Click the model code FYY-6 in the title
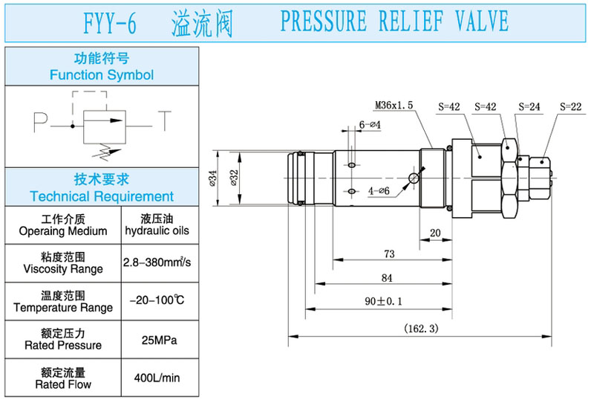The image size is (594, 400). [110, 24]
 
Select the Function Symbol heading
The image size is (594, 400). [102, 74]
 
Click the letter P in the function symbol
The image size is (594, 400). [39, 120]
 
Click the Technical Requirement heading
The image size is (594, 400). [102, 196]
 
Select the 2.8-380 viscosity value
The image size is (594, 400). [157, 262]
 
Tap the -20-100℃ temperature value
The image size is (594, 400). [157, 301]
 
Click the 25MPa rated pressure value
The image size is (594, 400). [157, 340]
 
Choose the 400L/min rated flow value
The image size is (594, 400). [157, 378]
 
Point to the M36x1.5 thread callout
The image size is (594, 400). [394, 106]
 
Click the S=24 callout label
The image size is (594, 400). [529, 106]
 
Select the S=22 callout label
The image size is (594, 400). [570, 106]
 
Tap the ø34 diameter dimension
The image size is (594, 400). [213, 178]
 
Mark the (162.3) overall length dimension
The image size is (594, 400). [422, 328]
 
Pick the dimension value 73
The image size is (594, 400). [388, 254]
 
